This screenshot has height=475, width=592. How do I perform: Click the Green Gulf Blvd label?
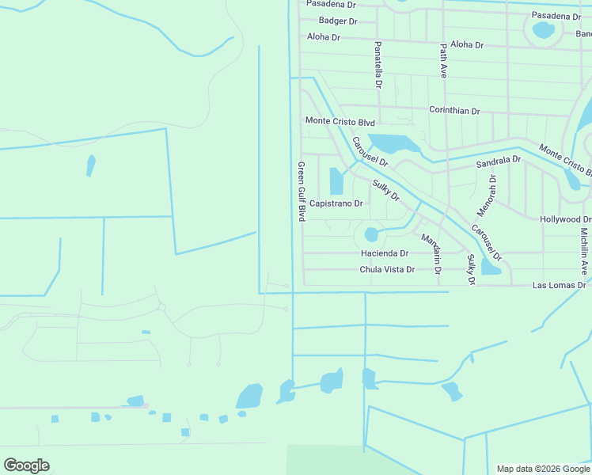coord(301,192)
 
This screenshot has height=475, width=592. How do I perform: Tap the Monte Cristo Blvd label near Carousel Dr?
coord(340,121)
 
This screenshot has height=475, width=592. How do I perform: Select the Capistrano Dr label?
coord(336,203)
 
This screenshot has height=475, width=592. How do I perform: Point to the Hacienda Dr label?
coord(384,253)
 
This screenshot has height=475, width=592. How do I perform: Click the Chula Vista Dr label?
coord(387,270)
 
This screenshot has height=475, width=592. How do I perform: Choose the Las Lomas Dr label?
coord(559,285)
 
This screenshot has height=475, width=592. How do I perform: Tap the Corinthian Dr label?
coord(454,111)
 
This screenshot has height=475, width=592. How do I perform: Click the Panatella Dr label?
coord(378,65)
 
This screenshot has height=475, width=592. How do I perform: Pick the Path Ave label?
coord(443,60)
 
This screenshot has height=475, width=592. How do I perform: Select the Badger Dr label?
coord(338,21)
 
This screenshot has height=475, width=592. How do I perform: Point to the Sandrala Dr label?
coord(498,161)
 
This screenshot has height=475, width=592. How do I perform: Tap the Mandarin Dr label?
coord(431,253)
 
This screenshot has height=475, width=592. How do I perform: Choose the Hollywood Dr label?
coord(565,219)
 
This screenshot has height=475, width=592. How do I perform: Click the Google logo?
coord(26,465)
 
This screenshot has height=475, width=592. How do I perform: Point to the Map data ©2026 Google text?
coord(543,469)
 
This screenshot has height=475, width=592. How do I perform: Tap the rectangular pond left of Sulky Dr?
coord(336,181)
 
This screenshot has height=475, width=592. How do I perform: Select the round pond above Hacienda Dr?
coord(371,234)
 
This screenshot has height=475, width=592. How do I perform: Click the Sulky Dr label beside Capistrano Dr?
coord(386,190)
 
